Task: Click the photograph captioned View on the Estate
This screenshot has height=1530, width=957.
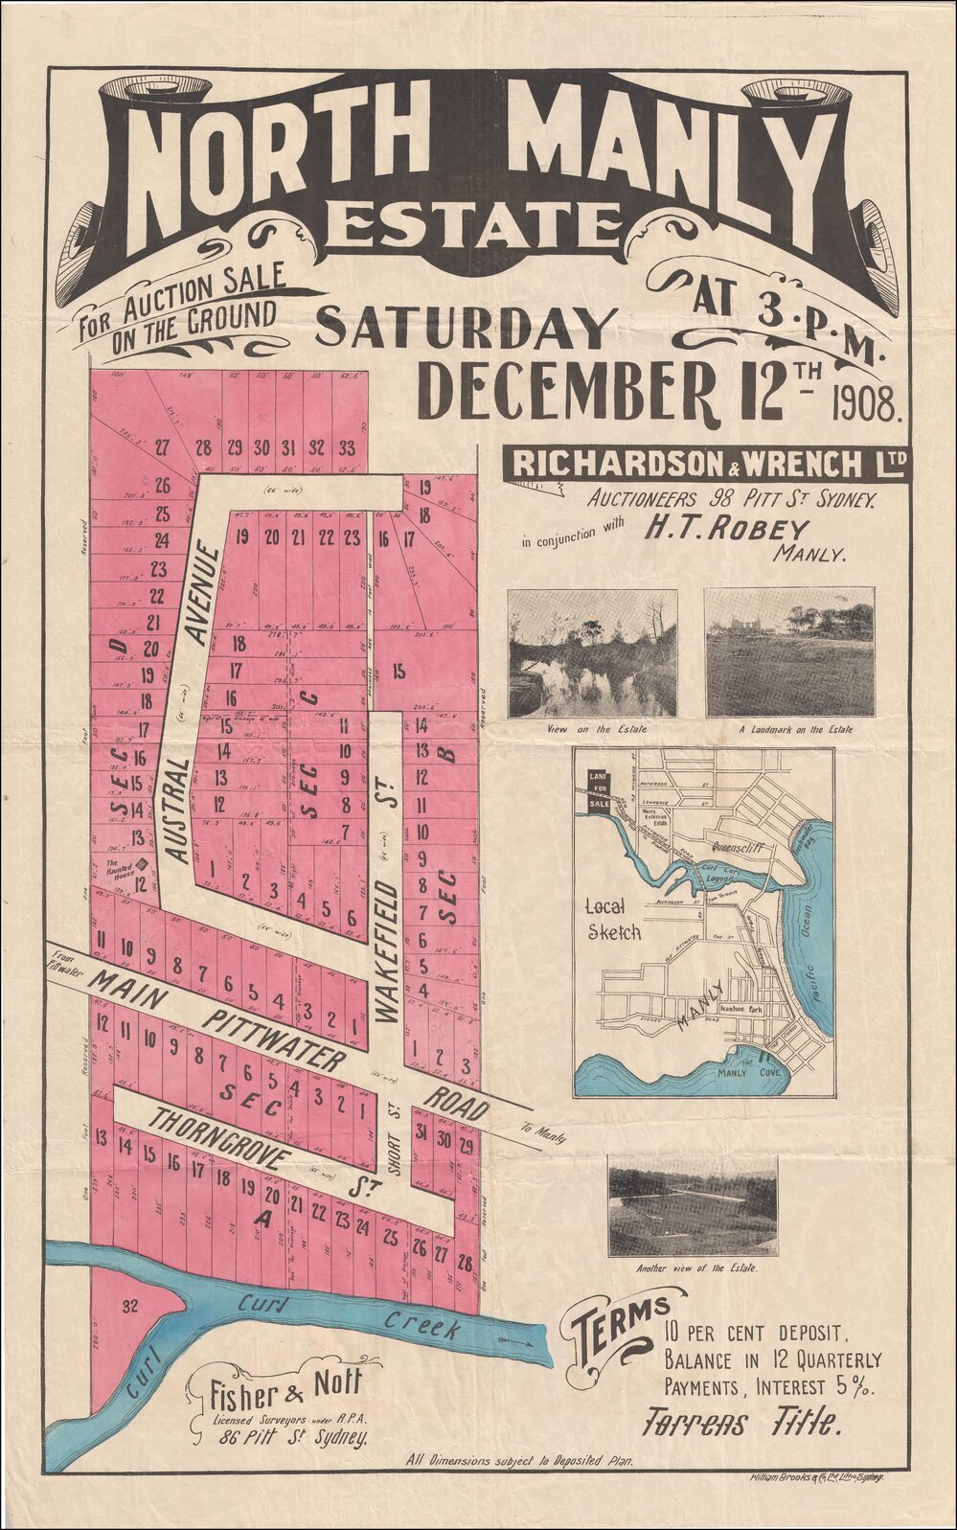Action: [592, 653]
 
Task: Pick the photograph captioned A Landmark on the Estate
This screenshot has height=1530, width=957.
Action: [789, 652]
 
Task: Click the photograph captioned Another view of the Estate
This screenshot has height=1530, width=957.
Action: [692, 1206]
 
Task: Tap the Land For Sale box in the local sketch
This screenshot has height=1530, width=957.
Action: [599, 789]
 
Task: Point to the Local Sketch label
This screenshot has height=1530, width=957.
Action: [614, 919]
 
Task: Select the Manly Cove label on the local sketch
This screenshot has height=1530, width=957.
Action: [751, 1072]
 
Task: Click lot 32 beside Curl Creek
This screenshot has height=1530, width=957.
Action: [131, 1305]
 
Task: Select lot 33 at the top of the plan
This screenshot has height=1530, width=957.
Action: [346, 447]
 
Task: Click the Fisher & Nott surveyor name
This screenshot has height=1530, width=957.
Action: [285, 1385]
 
